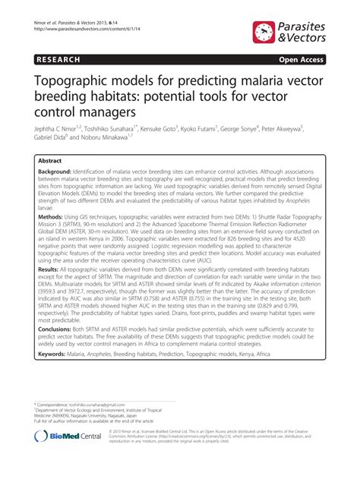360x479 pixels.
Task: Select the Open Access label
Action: click(x=303, y=58)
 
